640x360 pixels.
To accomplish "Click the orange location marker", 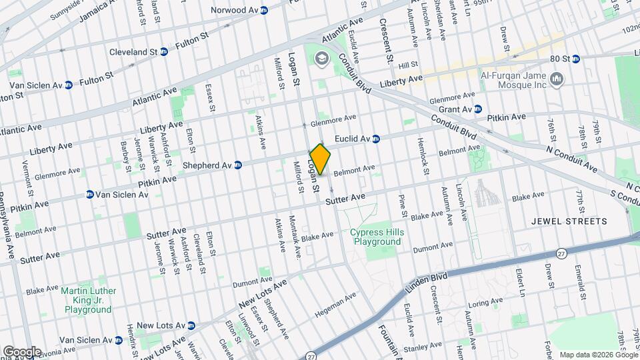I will (x=320, y=159).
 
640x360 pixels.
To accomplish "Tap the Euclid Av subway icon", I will (x=376, y=139).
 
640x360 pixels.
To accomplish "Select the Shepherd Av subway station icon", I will (x=237, y=165).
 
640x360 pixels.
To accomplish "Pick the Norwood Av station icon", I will (x=264, y=11).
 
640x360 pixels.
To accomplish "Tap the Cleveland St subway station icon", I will (x=164, y=51).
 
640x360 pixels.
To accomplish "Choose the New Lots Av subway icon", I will (x=191, y=325).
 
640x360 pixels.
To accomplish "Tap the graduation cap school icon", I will (x=323, y=59).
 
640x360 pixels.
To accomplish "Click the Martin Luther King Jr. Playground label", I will (x=89, y=300).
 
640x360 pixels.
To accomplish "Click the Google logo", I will (x=21, y=352).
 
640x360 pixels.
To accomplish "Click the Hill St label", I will (x=407, y=65).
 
